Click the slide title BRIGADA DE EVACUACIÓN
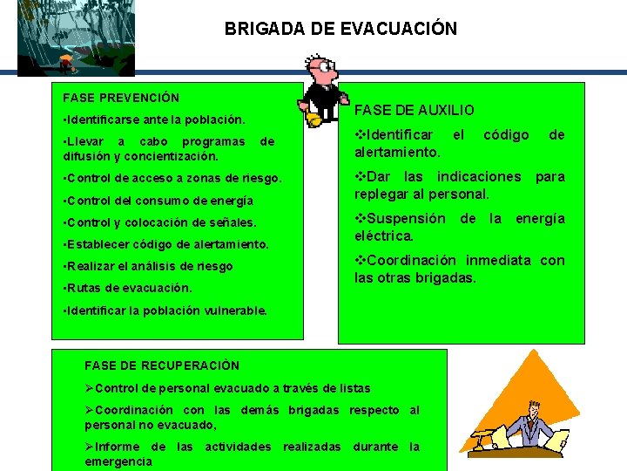(340, 29)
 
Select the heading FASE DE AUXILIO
(414, 110)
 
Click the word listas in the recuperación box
(354, 388)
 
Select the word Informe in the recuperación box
(118, 447)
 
